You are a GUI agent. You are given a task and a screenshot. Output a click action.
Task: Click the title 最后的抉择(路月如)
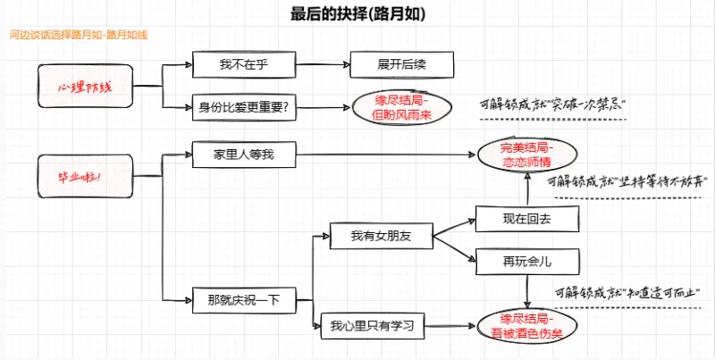tap(357, 13)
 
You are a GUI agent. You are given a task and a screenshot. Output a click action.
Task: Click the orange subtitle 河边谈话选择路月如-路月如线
tap(77, 35)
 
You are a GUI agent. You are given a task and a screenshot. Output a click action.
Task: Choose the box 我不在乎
tap(243, 64)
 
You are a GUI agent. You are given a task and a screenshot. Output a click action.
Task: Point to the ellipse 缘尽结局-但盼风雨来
tap(401, 108)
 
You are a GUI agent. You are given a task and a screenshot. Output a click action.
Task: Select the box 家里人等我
tap(243, 155)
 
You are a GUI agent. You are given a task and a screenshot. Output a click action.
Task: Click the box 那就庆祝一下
tap(243, 299)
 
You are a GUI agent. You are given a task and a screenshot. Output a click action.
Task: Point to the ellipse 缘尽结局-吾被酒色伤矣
tap(526, 325)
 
